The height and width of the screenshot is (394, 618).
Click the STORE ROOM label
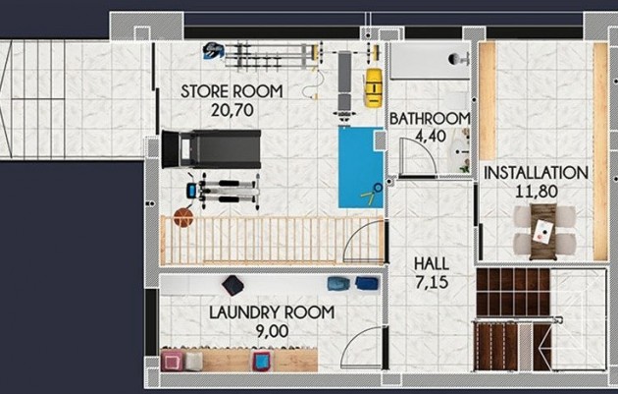click(x=232, y=91)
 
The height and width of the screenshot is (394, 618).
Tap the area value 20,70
click(x=232, y=110)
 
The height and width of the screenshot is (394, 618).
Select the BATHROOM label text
click(x=430, y=119)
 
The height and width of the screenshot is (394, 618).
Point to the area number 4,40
click(x=430, y=137)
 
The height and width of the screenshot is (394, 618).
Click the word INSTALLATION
click(x=536, y=173)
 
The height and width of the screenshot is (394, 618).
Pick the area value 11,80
click(x=536, y=191)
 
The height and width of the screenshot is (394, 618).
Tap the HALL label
click(x=433, y=263)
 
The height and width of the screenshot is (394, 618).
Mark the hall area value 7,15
click(x=433, y=282)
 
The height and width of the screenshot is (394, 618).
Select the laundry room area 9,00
click(x=272, y=331)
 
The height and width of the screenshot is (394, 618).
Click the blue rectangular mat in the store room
click(x=359, y=166)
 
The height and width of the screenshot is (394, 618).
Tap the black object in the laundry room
click(x=233, y=285)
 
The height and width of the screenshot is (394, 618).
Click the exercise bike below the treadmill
click(x=225, y=190)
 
